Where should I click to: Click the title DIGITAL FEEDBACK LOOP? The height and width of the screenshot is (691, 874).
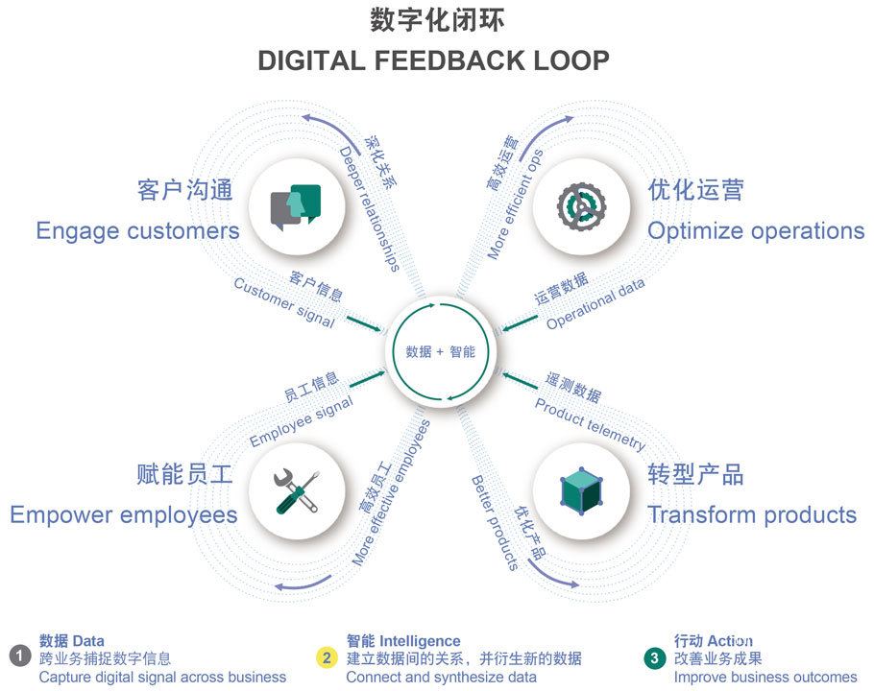[x=433, y=60]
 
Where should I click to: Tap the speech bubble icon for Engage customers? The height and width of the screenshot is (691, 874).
[x=296, y=205]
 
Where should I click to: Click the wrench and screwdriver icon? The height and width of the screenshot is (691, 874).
[x=296, y=490]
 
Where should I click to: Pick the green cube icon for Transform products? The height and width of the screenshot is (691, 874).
[x=580, y=490]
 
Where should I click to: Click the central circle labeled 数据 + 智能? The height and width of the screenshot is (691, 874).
[x=440, y=352]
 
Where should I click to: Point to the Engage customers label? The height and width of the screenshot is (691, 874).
[x=137, y=231]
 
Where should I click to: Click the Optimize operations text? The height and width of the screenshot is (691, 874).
[x=756, y=231]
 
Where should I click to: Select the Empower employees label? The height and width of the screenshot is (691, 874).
[x=124, y=514]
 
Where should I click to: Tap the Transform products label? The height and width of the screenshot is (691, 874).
[x=752, y=514]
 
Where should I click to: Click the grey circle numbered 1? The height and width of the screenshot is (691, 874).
[x=20, y=658]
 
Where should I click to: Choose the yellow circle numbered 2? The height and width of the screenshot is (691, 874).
[x=327, y=658]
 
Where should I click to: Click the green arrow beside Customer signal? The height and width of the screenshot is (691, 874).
[x=363, y=324]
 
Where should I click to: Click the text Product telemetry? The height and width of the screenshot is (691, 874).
[x=590, y=425]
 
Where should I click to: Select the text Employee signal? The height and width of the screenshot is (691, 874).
[x=301, y=423]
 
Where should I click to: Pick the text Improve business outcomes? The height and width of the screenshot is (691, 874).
[x=765, y=677]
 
